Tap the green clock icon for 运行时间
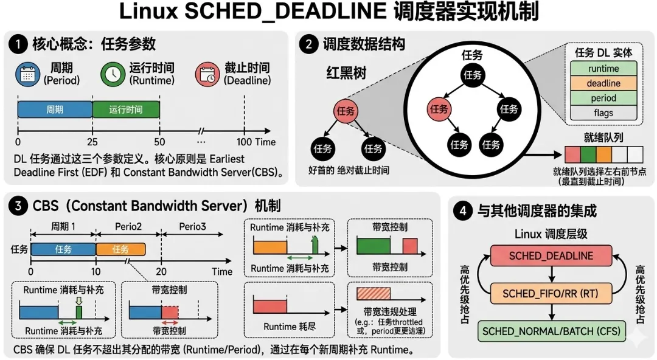pyautogui.click(x=114, y=74)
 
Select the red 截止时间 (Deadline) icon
pyautogui.click(x=207, y=74)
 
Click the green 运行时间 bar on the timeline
pyautogui.click(x=126, y=109)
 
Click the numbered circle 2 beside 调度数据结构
pyautogui.click(x=310, y=44)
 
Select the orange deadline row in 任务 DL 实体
pyautogui.click(x=603, y=83)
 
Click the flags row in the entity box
pyautogui.click(x=603, y=112)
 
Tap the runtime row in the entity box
pyautogui.click(x=603, y=69)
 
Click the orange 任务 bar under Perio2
pyautogui.click(x=120, y=249)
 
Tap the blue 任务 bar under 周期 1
pyautogui.click(x=63, y=249)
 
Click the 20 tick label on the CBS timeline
pyautogui.click(x=161, y=271)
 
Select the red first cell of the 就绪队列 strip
pyautogui.click(x=572, y=154)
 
